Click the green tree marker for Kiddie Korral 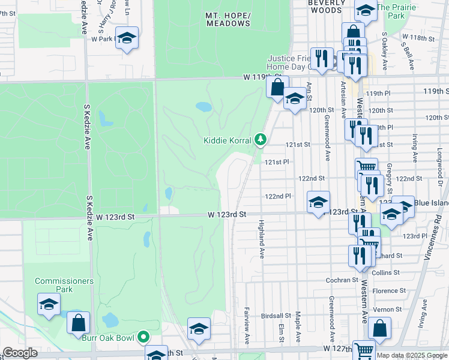tap(260, 140)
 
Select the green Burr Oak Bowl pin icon tap(143, 337)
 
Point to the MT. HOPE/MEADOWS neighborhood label tap(228, 19)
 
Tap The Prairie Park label tap(400, 12)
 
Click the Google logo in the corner tap(20, 353)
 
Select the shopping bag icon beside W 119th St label tap(277, 86)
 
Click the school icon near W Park tap(127, 38)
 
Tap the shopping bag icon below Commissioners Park tap(78, 323)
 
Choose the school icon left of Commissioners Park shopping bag tap(49, 304)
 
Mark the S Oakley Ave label tap(384, 44)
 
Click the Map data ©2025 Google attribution tap(411, 355)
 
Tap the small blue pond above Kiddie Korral tap(203, 107)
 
